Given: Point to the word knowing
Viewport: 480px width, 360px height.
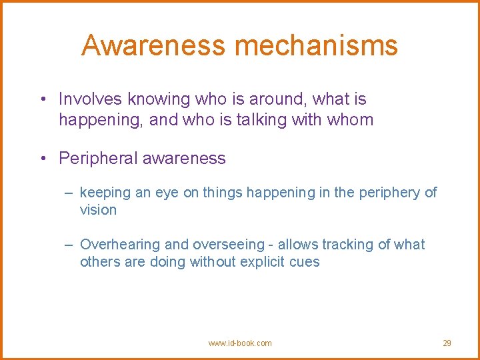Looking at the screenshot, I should [x=155, y=99].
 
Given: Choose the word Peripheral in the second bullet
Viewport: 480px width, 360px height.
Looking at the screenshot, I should [x=97, y=159].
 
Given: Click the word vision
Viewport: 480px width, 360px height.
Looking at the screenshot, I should [x=98, y=210].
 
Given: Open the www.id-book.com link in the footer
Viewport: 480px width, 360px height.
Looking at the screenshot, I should [x=240, y=343].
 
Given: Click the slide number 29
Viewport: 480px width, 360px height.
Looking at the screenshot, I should [x=447, y=343].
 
